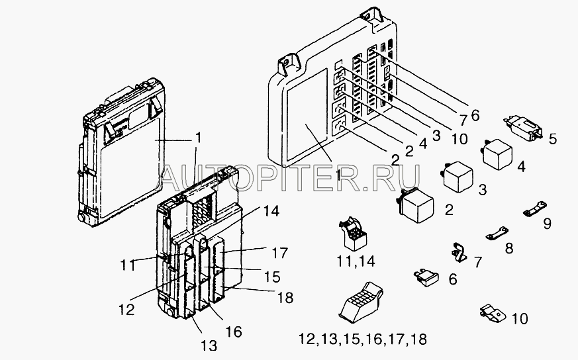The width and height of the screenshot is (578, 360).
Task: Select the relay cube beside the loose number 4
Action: coord(497,154)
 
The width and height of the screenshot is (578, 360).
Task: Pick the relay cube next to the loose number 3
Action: coord(457,177)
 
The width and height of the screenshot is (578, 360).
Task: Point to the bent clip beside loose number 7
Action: coord(459,252)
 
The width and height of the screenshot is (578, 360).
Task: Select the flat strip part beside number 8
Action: coord(497,233)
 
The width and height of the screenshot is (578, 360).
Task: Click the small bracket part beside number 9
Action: coord(535,208)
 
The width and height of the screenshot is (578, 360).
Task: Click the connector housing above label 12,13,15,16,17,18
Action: coord(361,300)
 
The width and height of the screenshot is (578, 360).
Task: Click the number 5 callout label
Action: coord(553,139)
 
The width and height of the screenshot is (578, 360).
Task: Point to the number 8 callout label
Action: coord(509,248)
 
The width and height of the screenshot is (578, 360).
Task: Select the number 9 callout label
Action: coord(548,223)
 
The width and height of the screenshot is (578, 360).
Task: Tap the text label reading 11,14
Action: coord(356,261)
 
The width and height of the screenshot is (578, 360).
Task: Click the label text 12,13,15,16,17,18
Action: coord(363,339)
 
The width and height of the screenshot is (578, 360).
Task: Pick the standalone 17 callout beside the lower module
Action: coord(280,253)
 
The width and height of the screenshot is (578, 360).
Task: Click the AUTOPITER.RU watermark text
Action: coord(291,177)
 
